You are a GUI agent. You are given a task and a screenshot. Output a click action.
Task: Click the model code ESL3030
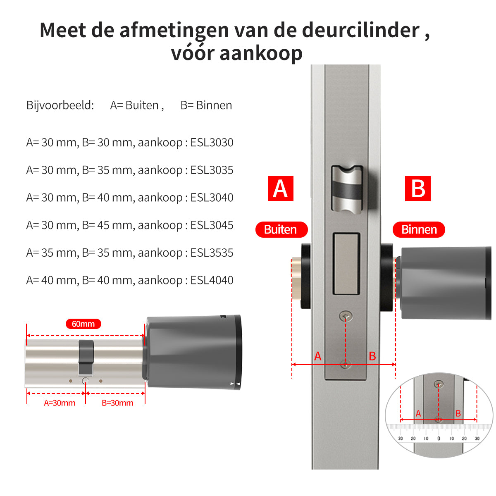tap(212, 142)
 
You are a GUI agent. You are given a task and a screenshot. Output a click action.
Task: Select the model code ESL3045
tap(212, 225)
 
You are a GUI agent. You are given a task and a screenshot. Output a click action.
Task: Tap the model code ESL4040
tap(212, 280)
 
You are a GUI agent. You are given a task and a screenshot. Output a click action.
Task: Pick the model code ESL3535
tap(212, 253)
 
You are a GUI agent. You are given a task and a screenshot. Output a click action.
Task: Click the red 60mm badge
tap(83, 324)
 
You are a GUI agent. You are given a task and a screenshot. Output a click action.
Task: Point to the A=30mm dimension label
tap(60, 403)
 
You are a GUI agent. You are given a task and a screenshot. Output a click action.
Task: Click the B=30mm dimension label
tap(117, 403)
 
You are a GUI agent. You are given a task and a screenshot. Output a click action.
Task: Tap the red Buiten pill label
tap(281, 229)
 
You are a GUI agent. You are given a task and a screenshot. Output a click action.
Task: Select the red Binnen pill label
tap(419, 229)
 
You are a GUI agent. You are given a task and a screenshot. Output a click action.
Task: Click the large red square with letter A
tap(281, 188)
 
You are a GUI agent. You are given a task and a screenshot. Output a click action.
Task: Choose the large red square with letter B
tap(418, 188)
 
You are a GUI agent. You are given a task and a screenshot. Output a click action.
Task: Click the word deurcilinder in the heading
tap(360, 30)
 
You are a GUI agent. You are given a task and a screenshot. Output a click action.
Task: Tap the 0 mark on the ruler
tap(439, 439)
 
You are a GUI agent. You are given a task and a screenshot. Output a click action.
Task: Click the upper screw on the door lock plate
tap(346, 316)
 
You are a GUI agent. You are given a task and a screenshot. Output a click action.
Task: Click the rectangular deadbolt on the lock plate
tap(346, 264)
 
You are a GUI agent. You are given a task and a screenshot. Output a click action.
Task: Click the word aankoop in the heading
tap(261, 54)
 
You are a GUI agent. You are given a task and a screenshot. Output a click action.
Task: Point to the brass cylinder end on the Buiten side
tap(296, 279)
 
